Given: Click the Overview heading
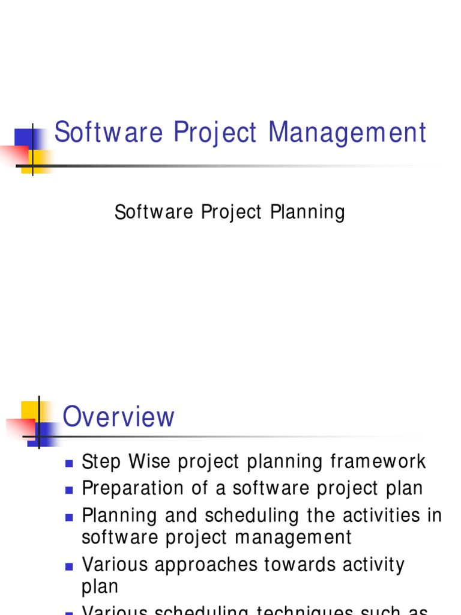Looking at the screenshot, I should [x=119, y=417].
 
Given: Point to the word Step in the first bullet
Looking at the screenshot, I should [x=101, y=462].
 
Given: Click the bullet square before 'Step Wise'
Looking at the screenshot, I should [x=68, y=463].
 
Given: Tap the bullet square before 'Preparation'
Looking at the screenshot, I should [x=68, y=489].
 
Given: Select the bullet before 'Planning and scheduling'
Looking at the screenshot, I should [x=68, y=517].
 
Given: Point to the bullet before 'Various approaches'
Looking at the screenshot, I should [x=68, y=566].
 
